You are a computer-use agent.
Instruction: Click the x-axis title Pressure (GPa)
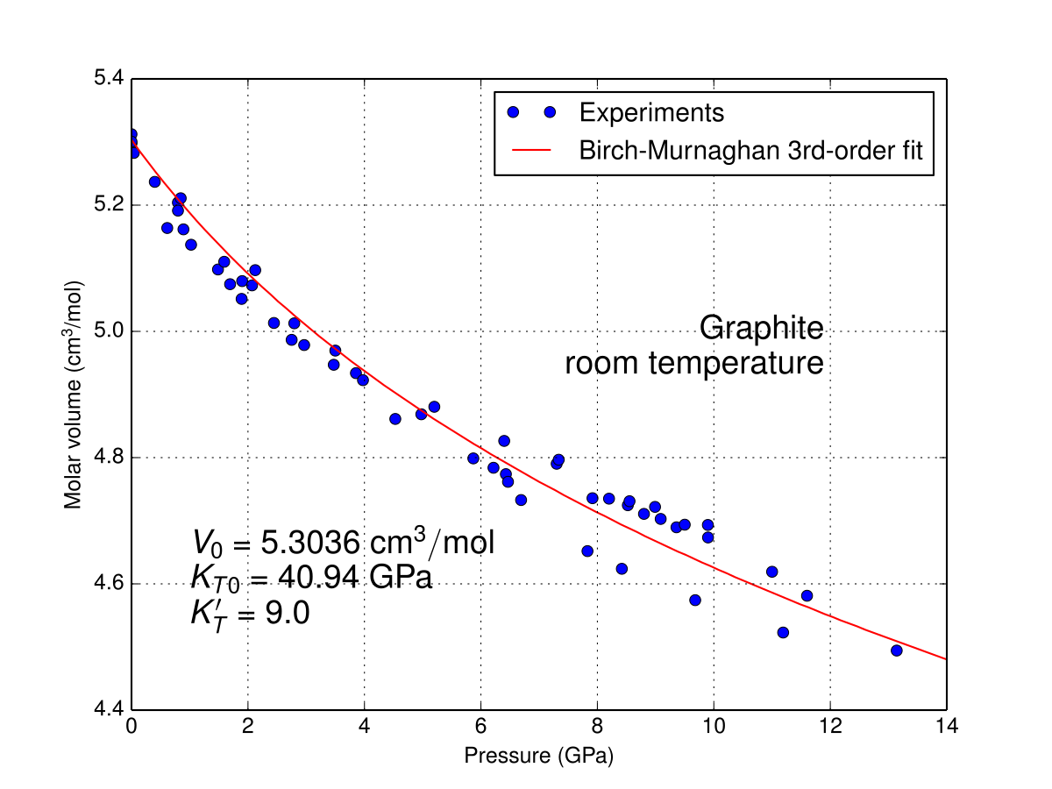click(538, 757)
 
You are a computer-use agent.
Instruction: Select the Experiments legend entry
click(650, 112)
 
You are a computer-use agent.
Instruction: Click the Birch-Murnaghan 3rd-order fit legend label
click(750, 150)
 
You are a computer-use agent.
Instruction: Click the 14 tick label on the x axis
click(947, 728)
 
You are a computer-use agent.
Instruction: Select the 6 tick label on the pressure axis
click(480, 728)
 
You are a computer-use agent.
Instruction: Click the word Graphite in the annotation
click(761, 329)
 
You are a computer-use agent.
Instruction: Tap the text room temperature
click(693, 363)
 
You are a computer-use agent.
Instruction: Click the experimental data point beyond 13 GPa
click(896, 650)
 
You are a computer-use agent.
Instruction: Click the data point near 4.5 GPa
click(395, 419)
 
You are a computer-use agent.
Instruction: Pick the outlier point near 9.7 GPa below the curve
click(695, 601)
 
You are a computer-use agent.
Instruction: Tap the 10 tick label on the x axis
click(714, 728)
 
